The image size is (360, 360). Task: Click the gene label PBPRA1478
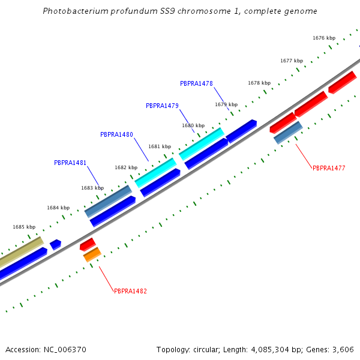[x=196, y=83]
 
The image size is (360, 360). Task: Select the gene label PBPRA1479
[x=162, y=106]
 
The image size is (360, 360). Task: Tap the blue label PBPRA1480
[x=116, y=134]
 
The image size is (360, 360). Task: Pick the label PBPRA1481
[x=70, y=163]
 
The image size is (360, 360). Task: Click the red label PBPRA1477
[x=329, y=168]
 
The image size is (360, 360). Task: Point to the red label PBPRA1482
[x=130, y=291]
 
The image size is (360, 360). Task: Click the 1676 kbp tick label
[x=324, y=38]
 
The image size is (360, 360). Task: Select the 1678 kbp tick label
[x=259, y=83]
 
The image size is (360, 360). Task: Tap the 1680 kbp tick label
[x=193, y=125]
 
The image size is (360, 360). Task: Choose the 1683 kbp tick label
[x=92, y=188]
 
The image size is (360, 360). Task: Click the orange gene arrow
[x=92, y=254]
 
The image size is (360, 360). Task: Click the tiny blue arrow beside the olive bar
[x=55, y=244]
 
